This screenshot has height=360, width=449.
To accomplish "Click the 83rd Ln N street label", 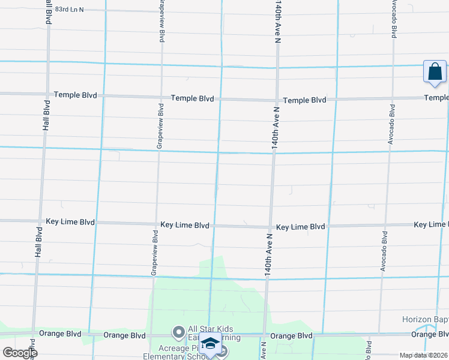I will point(68,10).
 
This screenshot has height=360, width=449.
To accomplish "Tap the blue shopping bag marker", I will point(434,71).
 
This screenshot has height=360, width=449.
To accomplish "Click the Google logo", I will point(19,352).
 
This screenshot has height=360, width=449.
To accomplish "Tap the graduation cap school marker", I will point(211,344).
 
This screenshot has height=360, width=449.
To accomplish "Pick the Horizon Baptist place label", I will point(425,321).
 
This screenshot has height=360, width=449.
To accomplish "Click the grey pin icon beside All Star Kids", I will point(178,332).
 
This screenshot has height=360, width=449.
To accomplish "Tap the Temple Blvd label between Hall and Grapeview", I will point(76,95).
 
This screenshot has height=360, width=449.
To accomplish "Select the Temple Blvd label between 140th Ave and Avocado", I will point(304,100).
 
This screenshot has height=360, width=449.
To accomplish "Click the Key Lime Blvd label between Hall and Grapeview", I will point(70,222).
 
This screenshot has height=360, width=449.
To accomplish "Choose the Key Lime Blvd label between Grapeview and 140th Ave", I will point(185,226).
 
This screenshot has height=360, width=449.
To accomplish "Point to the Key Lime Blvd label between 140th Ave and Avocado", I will point(300,227).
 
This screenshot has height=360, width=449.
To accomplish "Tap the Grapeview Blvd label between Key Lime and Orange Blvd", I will point(155,252).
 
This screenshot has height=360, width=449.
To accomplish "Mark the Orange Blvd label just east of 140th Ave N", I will point(291,336).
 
